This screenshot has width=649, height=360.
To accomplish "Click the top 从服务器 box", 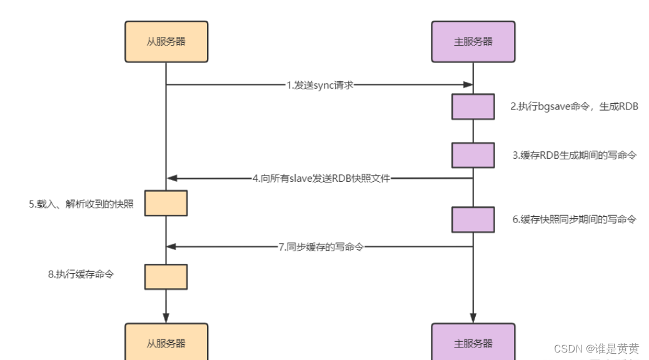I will tap(166, 42).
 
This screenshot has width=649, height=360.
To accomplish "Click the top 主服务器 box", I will tap(473, 42).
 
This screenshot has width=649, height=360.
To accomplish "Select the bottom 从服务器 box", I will tap(166, 342).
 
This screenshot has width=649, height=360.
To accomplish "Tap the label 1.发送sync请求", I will tap(320, 85).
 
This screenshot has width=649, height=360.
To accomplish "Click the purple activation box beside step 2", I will tap(473, 106).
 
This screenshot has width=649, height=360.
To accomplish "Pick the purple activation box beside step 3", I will tap(473, 155).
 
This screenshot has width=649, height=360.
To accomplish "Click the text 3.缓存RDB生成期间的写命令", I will tap(573, 155).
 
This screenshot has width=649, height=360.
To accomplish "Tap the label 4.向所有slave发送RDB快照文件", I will tap(321, 179).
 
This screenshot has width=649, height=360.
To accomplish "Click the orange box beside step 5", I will tap(166, 203).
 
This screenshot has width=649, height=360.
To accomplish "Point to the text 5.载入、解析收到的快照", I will tap(81, 204).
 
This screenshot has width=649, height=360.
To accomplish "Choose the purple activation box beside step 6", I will tap(473, 219).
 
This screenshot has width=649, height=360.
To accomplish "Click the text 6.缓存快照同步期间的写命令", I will tap(573, 219).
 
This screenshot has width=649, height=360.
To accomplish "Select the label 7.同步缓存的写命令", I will tap(321, 247).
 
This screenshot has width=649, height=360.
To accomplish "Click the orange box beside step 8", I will tap(166, 276).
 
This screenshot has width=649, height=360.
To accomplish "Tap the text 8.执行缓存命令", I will tap(81, 274).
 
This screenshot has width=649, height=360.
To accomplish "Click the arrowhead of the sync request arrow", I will tap(468, 85).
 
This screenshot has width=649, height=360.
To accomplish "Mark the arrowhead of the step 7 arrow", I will tap(171, 247).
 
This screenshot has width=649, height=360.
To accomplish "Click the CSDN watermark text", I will tap(596, 349).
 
